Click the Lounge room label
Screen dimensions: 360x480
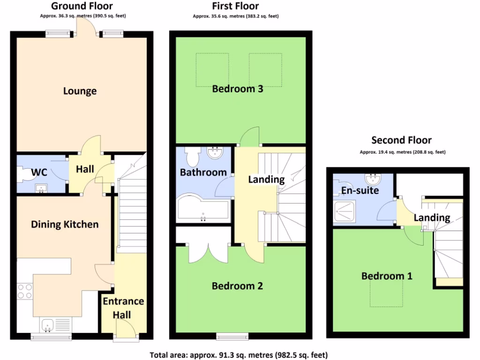80,91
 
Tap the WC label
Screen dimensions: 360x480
39,172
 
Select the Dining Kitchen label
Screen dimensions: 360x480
65,225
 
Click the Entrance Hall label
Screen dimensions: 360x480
123,308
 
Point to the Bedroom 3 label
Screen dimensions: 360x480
237,89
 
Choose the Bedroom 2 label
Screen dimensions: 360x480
237,286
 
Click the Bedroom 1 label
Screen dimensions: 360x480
387,276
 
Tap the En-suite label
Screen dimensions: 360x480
360,191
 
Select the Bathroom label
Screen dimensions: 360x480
203,172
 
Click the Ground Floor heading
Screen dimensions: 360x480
82,6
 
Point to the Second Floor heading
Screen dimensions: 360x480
401,140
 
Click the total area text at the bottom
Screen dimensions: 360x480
239,355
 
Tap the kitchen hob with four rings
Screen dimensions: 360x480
24,292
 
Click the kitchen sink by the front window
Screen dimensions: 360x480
48,324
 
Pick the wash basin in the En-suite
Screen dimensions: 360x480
374,179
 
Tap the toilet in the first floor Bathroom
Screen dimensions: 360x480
193,155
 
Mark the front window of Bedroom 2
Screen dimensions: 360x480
232,336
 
